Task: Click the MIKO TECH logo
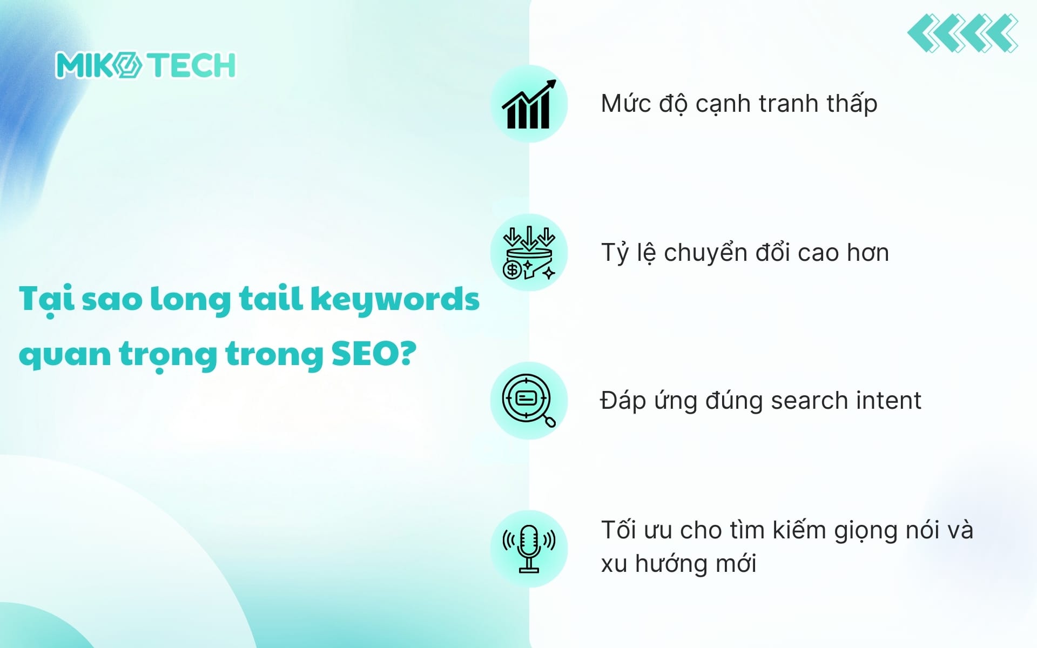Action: [145, 65]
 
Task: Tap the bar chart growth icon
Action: [529, 104]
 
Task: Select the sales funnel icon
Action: [529, 253]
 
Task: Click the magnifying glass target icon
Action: [529, 401]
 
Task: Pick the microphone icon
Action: [529, 549]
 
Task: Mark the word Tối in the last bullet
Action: [618, 530]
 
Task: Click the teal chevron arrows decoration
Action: [962, 33]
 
